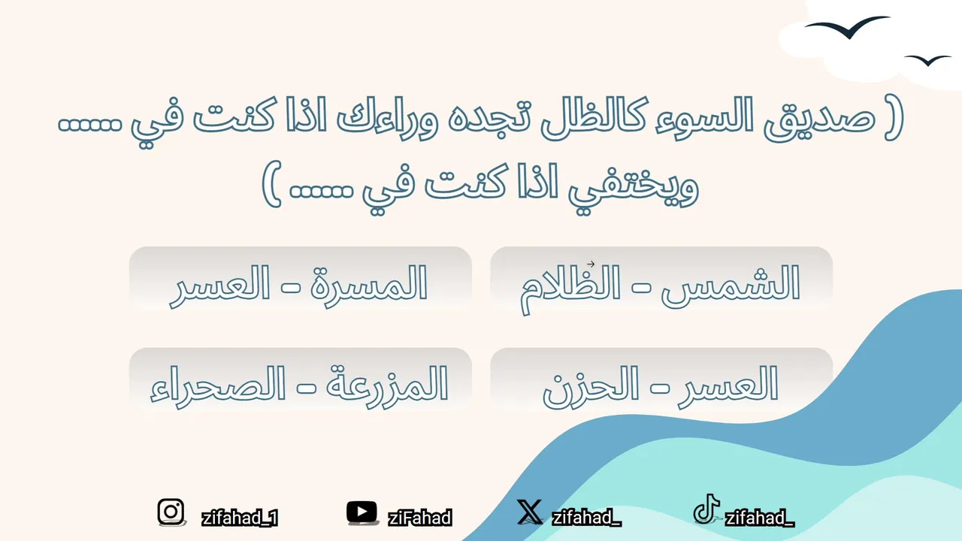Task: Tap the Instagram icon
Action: point(171,512)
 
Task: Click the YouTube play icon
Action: point(362,512)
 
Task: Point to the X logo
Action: point(530,512)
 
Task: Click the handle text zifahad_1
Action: point(240,518)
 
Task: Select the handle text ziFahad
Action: point(419,518)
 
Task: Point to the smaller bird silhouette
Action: point(928,61)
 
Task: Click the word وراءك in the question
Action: point(387,119)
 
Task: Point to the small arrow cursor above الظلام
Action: point(591,264)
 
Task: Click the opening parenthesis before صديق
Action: point(894,119)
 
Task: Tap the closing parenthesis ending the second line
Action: point(271,185)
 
